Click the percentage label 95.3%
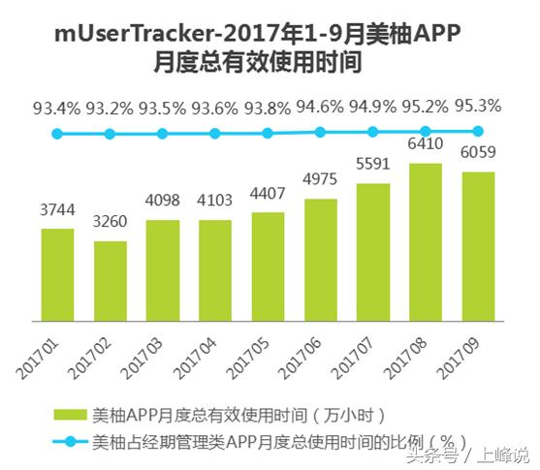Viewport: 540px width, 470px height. coord(478,105)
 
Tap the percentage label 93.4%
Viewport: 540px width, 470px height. coord(57,108)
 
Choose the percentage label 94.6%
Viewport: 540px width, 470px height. coord(320,106)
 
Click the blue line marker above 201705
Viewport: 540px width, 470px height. coord(268,134)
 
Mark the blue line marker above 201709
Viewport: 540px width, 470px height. coord(478,131)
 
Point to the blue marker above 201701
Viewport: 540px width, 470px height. coord(57,135)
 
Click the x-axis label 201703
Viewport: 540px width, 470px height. coord(145,348)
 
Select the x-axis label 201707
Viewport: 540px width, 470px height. coord(356,348)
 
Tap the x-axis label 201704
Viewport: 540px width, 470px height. coord(198,348)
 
